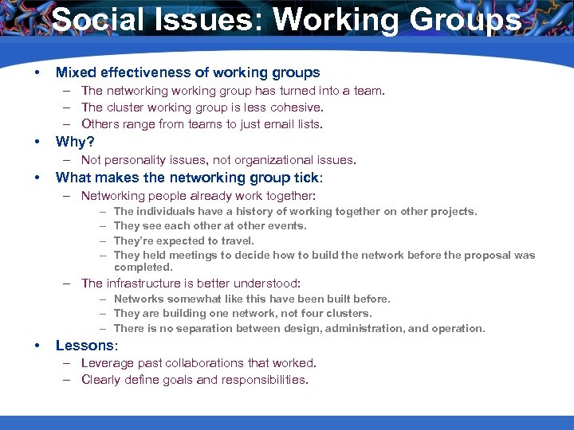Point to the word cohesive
(x=295, y=107)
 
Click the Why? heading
(x=76, y=143)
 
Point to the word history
(x=228, y=212)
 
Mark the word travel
(x=237, y=241)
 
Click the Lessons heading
(x=85, y=346)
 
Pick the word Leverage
(x=108, y=363)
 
